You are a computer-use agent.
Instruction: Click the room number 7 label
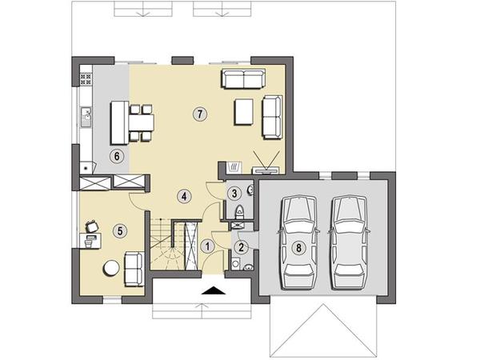pyautogui.click(x=200, y=114)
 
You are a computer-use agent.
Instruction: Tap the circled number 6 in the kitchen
pyautogui.click(x=117, y=157)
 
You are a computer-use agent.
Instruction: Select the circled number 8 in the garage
pyautogui.click(x=298, y=247)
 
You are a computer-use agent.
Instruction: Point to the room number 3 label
pyautogui.click(x=234, y=194)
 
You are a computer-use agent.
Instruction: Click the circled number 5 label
pyautogui.click(x=120, y=231)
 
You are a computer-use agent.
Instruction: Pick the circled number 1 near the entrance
pyautogui.click(x=208, y=246)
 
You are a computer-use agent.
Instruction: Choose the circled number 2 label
pyautogui.click(x=241, y=247)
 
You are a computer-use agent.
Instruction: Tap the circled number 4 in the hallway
pyautogui.click(x=184, y=196)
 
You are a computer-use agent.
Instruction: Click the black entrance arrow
pyautogui.click(x=214, y=290)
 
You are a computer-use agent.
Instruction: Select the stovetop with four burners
pyautogui.click(x=86, y=78)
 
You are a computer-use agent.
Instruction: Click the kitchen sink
pyautogui.click(x=86, y=117)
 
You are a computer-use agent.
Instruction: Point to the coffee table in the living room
pyautogui.click(x=244, y=112)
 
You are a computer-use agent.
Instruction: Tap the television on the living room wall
pyautogui.click(x=266, y=170)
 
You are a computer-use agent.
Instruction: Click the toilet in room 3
pyautogui.click(x=239, y=212)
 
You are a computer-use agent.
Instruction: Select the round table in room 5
pyautogui.click(x=111, y=268)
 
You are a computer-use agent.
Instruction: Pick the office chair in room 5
pyautogui.click(x=92, y=226)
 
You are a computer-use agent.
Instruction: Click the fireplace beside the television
pyautogui.click(x=234, y=166)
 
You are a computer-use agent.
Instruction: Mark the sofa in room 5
pyautogui.click(x=134, y=269)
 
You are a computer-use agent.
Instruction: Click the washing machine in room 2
pyautogui.click(x=236, y=263)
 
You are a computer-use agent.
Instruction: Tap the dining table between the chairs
pyautogui.click(x=141, y=122)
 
